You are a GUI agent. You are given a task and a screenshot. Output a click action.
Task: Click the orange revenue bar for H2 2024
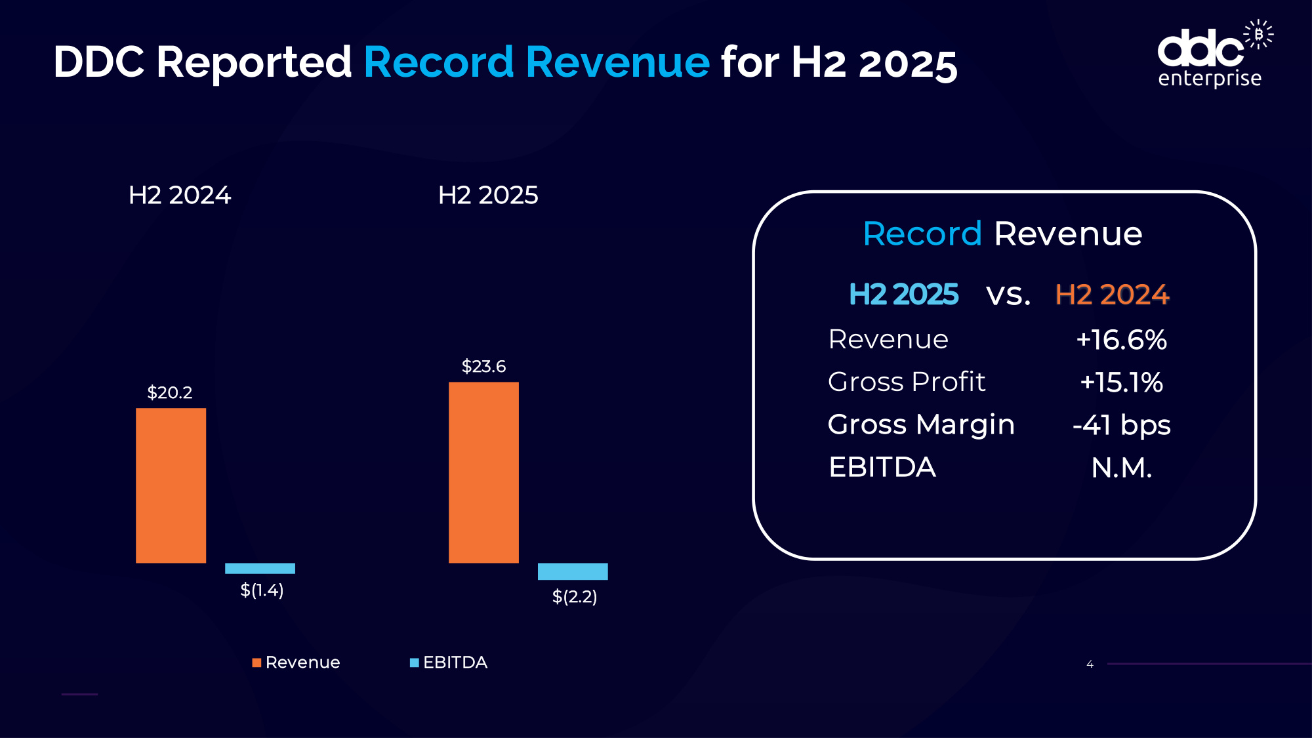pos(171,485)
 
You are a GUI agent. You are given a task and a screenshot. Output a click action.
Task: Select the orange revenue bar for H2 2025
pos(483,472)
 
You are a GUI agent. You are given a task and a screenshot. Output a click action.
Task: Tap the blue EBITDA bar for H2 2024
pos(260,568)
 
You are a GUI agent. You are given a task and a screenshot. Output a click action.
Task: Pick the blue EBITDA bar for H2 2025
pos(573,571)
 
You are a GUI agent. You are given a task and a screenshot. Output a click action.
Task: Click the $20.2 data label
pos(169,392)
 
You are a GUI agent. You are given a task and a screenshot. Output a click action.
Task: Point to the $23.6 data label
pos(483,366)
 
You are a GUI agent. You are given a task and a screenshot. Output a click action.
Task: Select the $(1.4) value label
pos(262,590)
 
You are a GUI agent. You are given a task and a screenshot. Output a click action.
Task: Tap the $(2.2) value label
pos(575,596)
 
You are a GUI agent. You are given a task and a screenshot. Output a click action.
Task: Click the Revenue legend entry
pos(297,663)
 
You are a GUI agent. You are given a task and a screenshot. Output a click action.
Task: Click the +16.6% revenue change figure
pos(1121,340)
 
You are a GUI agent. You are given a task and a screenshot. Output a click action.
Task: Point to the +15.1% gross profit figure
pos(1121,382)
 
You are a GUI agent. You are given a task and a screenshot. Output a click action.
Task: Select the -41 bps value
pos(1121,425)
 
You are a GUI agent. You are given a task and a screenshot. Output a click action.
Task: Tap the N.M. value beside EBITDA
pos(1121,468)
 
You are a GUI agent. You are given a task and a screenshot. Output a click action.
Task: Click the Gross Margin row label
pos(921,425)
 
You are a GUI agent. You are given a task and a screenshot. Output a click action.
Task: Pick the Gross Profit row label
pos(907,382)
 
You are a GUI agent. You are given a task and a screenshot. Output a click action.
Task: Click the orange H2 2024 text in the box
pos(1112,295)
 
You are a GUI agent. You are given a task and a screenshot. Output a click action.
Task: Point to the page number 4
pos(1090,665)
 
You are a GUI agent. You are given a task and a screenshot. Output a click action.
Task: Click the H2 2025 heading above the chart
pos(488,195)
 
